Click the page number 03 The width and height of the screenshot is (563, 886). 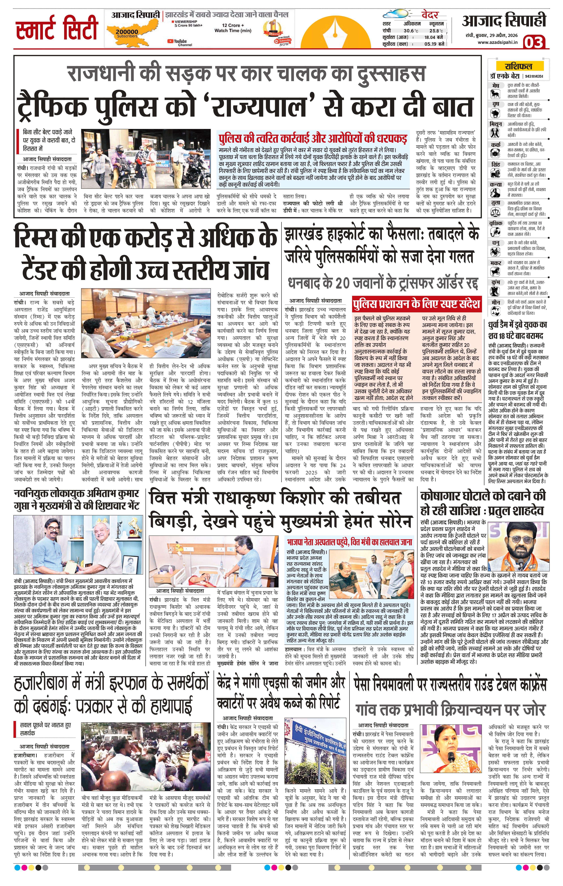click(534, 42)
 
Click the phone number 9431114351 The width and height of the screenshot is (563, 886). click(533, 77)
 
